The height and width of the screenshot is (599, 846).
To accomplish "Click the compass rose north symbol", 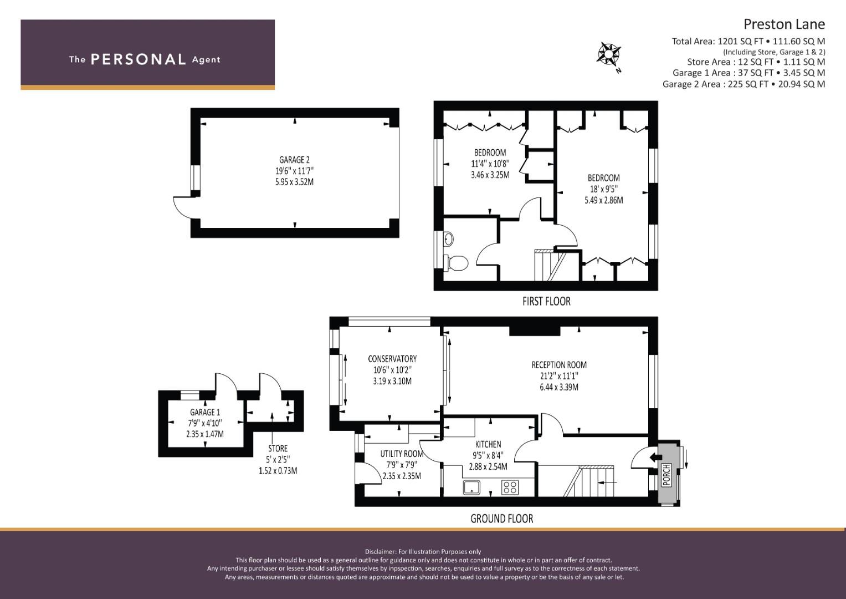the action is coord(608,55).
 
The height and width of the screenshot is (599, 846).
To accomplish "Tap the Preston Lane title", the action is coord(784,24).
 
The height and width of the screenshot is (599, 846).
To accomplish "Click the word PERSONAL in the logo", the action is coord(139,59).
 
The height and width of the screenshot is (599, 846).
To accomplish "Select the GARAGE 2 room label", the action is coord(294,160).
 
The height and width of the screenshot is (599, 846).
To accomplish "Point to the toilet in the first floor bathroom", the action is coord(456,262).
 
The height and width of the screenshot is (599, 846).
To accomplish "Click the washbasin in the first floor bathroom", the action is coord(448,238).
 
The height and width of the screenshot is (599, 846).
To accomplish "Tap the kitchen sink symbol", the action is coord(471,488).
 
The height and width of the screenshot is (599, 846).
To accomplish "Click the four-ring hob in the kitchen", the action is coord(510,488).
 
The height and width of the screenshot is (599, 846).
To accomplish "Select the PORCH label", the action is coord(666,475).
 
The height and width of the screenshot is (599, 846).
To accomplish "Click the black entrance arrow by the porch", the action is coord(655,458).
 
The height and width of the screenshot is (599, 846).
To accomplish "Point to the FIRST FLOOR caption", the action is coord(546,301).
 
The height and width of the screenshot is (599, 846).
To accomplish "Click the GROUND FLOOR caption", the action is coord(501,519).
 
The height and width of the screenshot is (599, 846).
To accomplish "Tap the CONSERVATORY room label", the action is coord(392,358).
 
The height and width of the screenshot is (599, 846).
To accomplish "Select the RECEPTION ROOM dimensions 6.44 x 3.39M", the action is coord(559,387).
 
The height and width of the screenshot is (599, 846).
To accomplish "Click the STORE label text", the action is coord(278,449).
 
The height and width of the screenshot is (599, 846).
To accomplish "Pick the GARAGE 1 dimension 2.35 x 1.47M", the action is coord(204,434).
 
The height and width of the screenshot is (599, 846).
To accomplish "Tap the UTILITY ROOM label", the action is coord(402,454).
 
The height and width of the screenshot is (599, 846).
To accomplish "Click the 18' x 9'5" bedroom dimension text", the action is coord(603,189).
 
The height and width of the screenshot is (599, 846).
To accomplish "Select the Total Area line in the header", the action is coord(748,41).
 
